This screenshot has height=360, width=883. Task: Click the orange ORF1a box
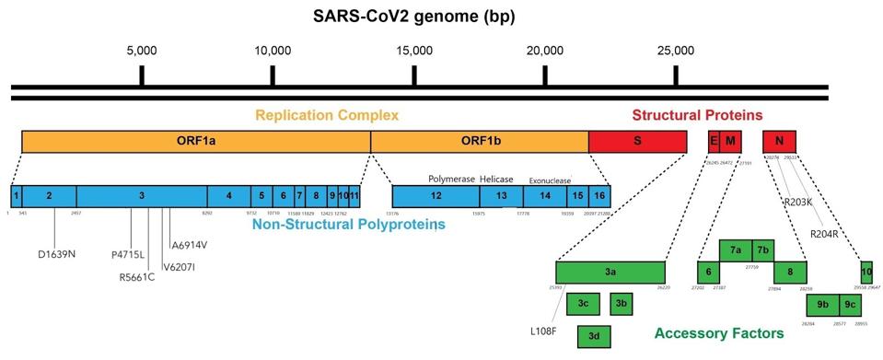[195, 141]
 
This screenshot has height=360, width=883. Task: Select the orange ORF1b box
[479, 141]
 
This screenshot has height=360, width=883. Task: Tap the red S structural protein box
[637, 141]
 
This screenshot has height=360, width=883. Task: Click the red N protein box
[779, 141]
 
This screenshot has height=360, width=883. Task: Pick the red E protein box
[714, 141]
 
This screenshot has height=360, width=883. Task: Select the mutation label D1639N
[57, 253]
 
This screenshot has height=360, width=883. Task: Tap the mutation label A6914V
[190, 245]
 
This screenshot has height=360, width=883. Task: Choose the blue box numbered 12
[435, 195]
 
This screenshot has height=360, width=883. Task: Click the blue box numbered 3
[141, 195]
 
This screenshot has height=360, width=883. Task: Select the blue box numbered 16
[599, 195]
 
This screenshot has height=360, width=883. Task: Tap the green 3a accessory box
[610, 272]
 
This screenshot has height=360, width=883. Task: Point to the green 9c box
[849, 305]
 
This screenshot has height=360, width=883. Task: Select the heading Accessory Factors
[719, 332]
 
